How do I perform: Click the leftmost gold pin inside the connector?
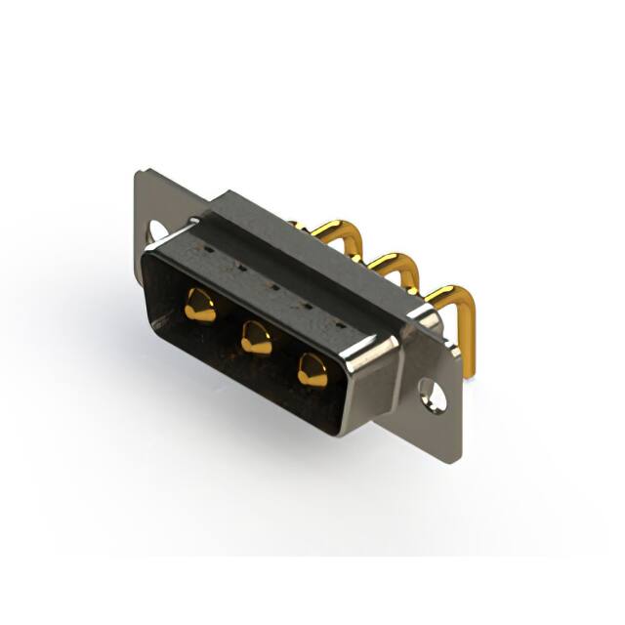click(199, 307)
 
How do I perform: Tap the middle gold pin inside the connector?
click(256, 339)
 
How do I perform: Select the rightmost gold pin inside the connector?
click(312, 369)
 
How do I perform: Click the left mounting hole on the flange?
click(157, 231)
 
